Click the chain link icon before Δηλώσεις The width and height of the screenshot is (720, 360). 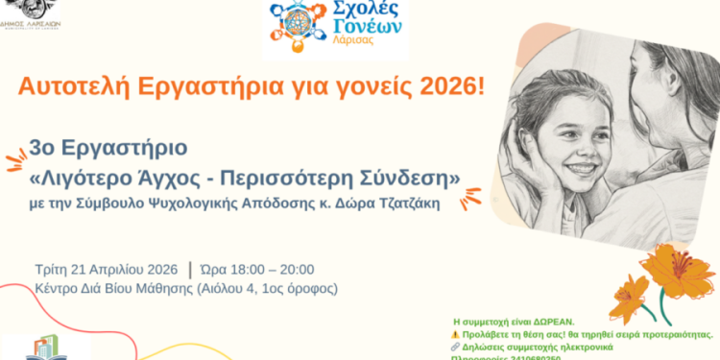click(457, 348)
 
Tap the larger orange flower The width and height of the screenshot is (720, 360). click(677, 270)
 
